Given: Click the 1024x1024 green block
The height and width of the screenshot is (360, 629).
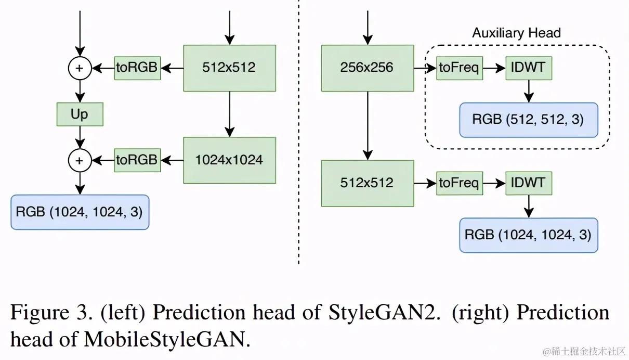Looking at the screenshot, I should coord(229,160).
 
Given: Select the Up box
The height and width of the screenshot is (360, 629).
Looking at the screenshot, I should coord(80,114).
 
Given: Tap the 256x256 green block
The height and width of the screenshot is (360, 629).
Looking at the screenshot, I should coord(367,68).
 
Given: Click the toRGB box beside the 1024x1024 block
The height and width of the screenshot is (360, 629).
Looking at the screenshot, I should coord(137,160).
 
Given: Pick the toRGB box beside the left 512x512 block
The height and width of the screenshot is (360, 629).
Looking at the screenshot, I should coord(137,68).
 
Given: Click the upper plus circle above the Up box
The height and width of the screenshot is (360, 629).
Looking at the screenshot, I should coord(80,68).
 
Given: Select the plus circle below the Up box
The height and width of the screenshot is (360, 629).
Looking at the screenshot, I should coord(80,160).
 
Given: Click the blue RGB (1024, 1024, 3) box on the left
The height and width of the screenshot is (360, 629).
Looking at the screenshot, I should coord(80,212).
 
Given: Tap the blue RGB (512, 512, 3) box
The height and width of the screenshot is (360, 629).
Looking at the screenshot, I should coord(528,120).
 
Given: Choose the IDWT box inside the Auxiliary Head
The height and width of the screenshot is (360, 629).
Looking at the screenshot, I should coord(529,68).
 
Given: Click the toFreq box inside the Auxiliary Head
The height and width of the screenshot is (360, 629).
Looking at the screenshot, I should coord(459,68).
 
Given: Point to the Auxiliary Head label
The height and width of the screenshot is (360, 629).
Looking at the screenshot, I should coord(516,33).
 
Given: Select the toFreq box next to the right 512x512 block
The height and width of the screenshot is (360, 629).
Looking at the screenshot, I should coord(459,183).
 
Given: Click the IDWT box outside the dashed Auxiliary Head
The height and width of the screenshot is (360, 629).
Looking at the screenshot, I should coord(529,183).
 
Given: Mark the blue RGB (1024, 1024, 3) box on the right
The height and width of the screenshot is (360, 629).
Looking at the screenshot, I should coord(528,235).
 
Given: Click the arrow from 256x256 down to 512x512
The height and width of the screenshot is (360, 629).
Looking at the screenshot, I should coord(368,125).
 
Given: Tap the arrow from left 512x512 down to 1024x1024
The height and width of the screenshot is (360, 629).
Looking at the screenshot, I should coord(229,114).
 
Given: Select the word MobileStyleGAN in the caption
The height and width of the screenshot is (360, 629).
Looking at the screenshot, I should coord(164,340).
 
